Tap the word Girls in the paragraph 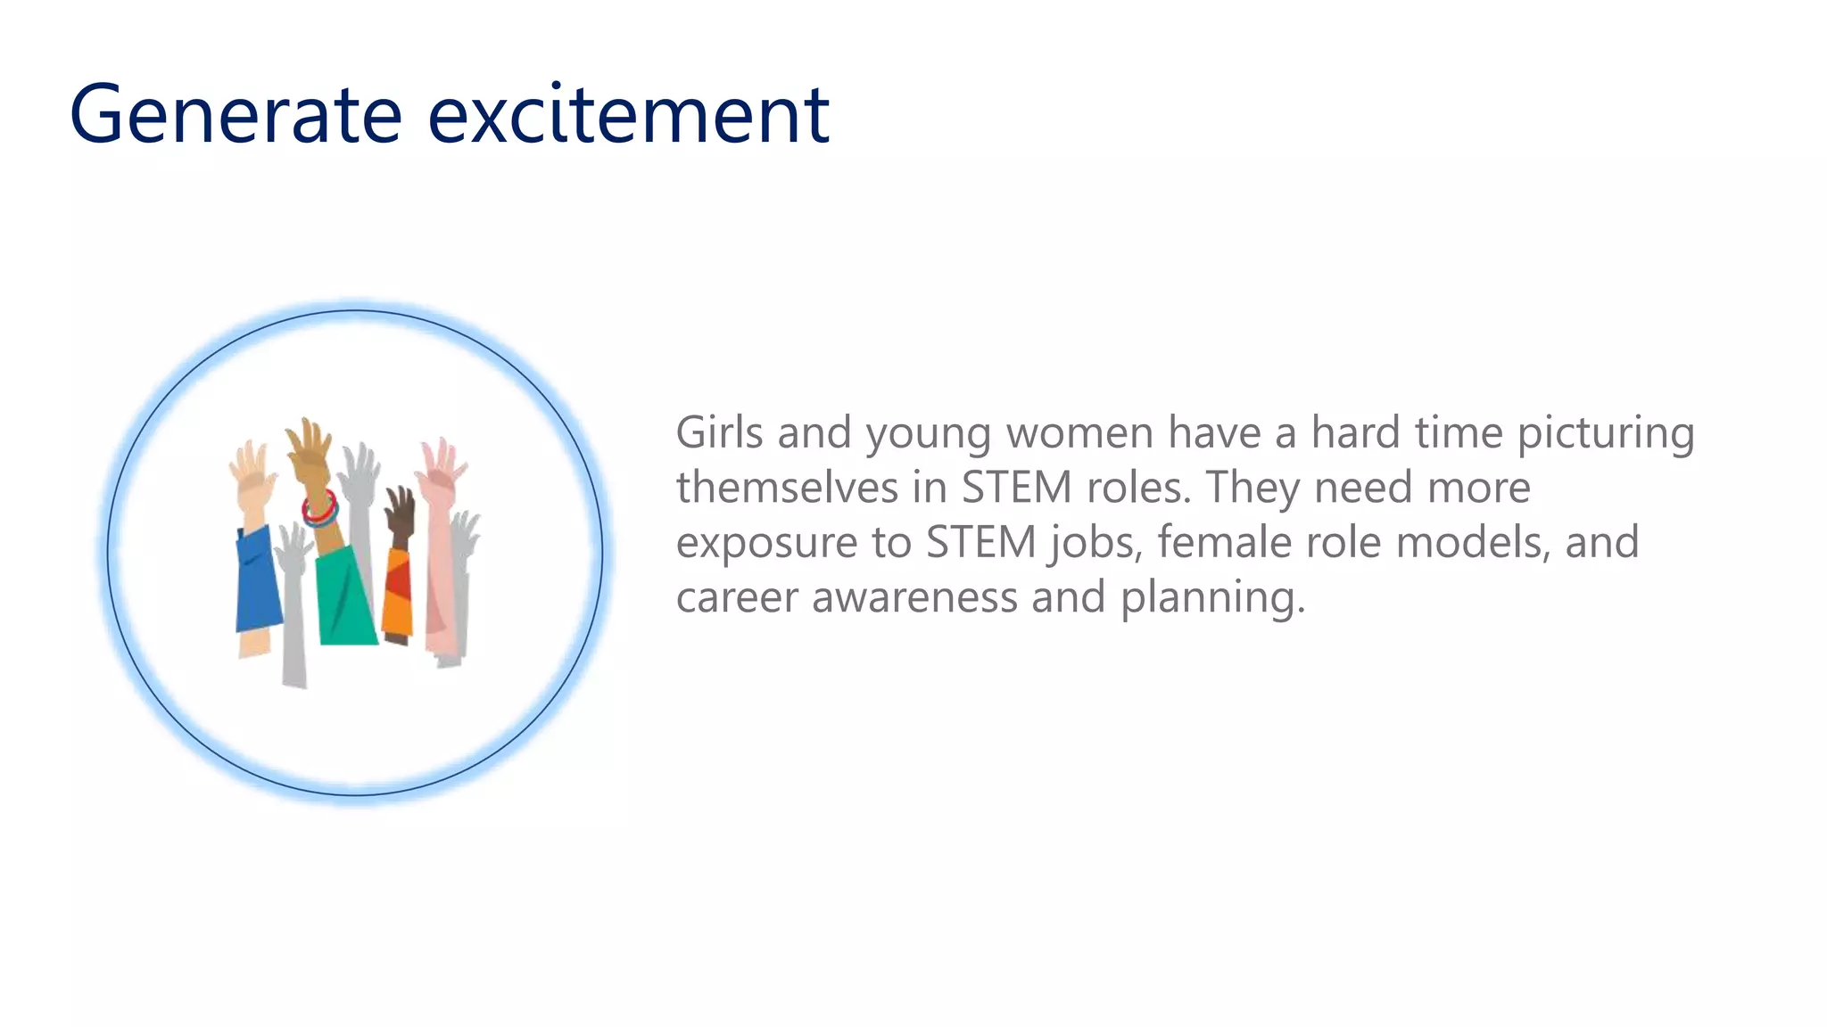pyautogui.click(x=719, y=433)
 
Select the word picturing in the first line pyautogui.click(x=1605, y=433)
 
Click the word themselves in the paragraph pyautogui.click(x=786, y=488)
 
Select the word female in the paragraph pyautogui.click(x=1224, y=542)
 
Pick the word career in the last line pyautogui.click(x=737, y=596)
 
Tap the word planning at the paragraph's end pyautogui.click(x=1211, y=596)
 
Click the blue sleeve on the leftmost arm pyautogui.click(x=257, y=579)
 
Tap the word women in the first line pyautogui.click(x=1079, y=433)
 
